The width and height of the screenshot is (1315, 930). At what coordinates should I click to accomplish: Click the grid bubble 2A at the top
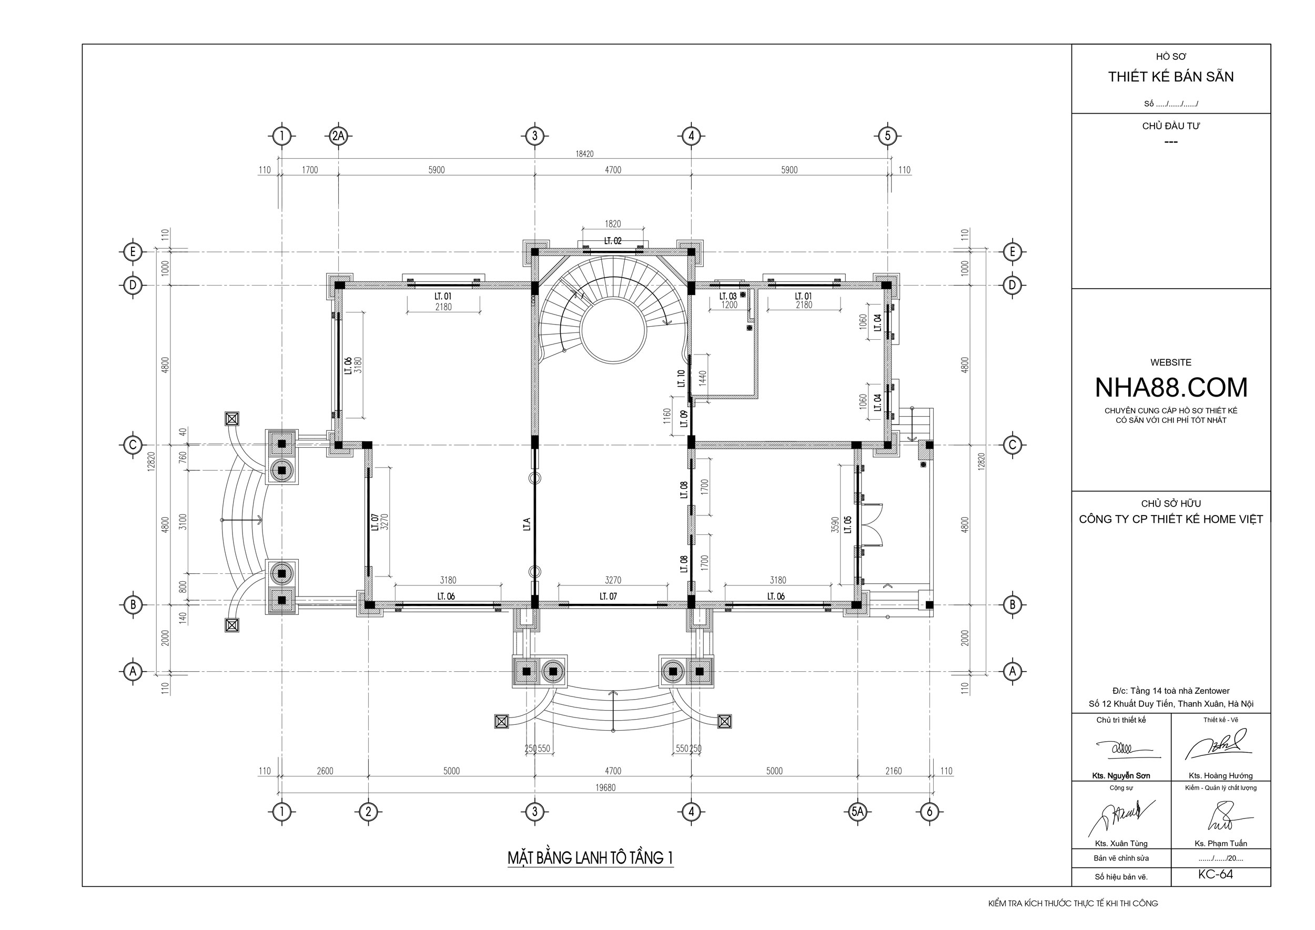point(339,136)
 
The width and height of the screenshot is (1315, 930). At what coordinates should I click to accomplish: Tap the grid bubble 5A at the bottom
point(857,811)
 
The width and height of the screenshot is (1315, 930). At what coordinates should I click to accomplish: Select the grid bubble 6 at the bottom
point(929,811)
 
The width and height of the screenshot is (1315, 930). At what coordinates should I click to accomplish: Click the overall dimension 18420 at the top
point(584,154)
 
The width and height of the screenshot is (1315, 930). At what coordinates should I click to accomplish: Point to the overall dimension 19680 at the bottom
point(605,787)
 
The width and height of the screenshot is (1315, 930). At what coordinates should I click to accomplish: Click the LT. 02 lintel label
point(612,241)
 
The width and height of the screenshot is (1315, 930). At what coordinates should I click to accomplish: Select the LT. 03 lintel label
point(728,296)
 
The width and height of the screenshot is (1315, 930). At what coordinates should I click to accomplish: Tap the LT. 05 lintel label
point(848,524)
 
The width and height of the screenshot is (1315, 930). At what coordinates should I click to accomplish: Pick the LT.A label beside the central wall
point(527,524)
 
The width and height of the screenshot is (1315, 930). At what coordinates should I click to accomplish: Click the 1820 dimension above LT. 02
point(612,224)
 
